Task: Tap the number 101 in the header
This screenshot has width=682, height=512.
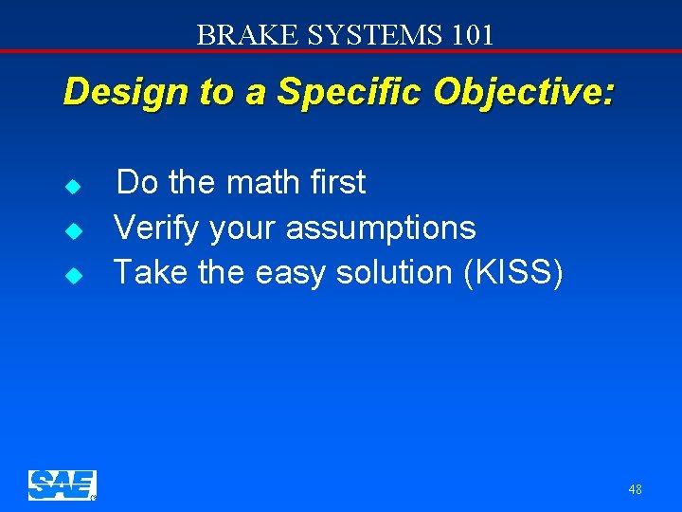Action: coord(470,35)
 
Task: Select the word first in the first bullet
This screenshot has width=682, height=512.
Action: coord(332,182)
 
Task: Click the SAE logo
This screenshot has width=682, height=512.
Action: coord(62,485)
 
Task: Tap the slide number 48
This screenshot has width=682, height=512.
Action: coord(634,489)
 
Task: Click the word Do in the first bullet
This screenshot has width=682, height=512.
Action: coord(138,182)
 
